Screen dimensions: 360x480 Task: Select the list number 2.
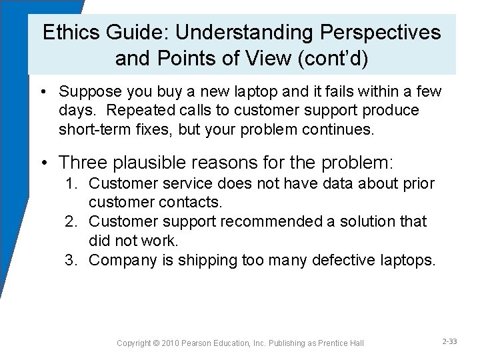[71, 221]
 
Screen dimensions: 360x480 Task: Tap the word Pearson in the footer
[209, 343]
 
